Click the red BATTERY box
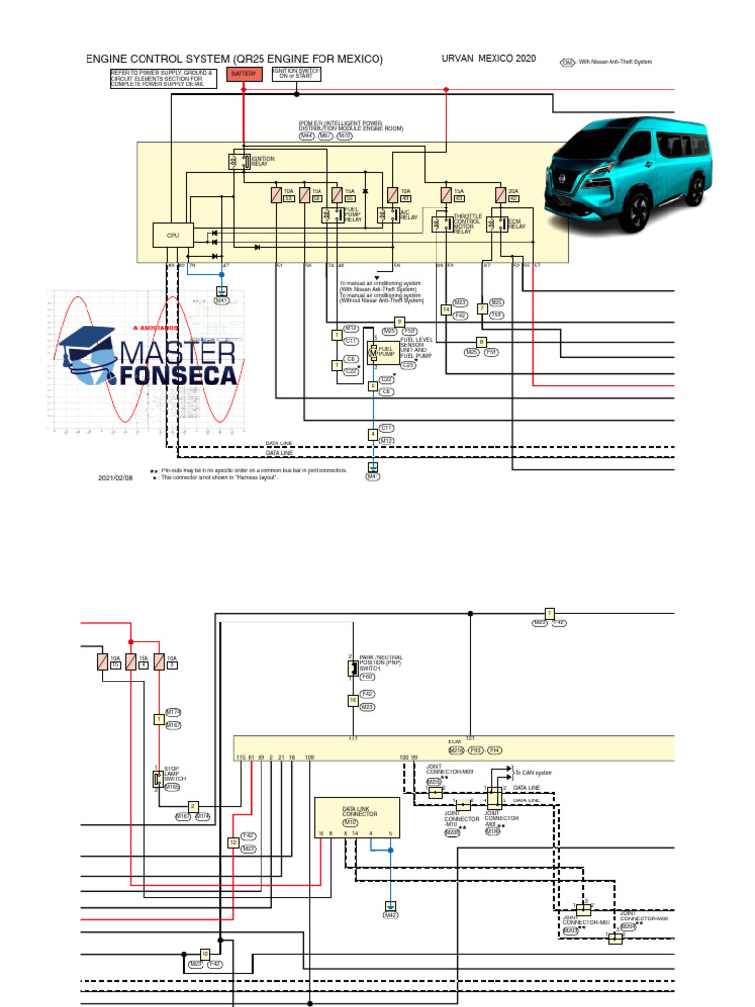(x=243, y=74)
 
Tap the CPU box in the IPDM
(x=172, y=235)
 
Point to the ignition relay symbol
(x=238, y=161)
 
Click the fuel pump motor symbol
(x=373, y=352)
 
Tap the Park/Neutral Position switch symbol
(x=352, y=669)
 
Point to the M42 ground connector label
(x=390, y=915)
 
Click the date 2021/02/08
(x=115, y=478)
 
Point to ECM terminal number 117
(x=353, y=738)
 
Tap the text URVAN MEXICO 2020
(x=489, y=59)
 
